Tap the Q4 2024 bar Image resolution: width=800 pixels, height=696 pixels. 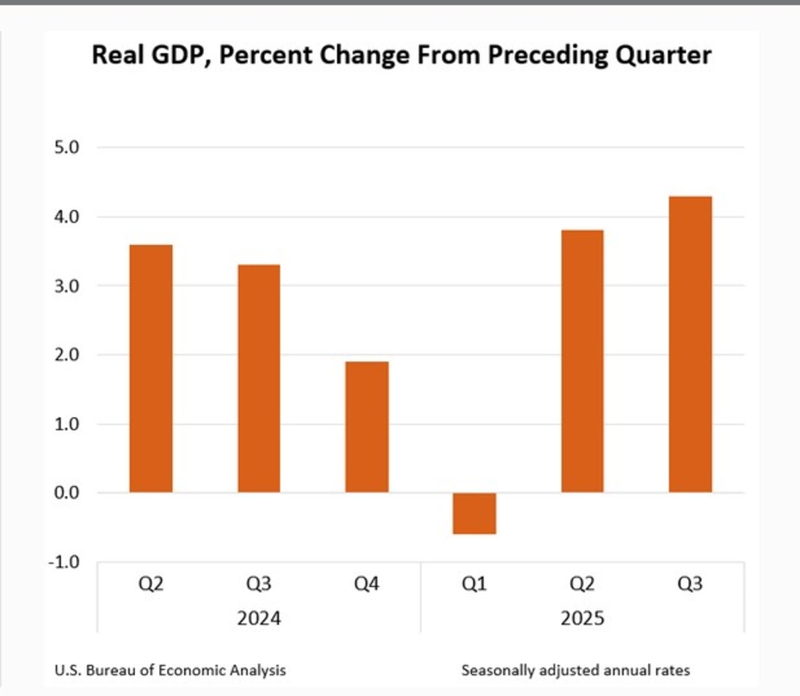coord(366,427)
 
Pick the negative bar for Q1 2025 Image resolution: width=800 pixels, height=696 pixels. coord(475,514)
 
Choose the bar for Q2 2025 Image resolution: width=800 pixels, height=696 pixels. coord(582,361)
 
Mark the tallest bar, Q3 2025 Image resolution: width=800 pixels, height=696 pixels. coord(690,344)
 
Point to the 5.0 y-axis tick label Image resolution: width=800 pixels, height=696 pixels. coord(67,148)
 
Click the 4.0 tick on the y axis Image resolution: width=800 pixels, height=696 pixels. coord(67,217)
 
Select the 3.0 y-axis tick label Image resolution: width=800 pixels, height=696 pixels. coord(67,286)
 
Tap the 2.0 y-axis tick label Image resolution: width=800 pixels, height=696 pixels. coord(67,354)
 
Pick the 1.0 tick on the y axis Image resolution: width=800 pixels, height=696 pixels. coord(67,424)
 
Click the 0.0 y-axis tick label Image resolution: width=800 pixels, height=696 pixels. coord(67,493)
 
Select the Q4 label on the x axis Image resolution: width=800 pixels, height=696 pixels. coord(366,585)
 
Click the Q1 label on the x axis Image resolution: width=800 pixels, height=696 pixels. coord(475,585)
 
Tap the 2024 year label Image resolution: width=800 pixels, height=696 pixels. coord(259,619)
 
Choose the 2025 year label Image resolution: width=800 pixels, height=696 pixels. coord(582,619)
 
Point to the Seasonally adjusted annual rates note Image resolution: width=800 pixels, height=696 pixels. coord(575,669)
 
